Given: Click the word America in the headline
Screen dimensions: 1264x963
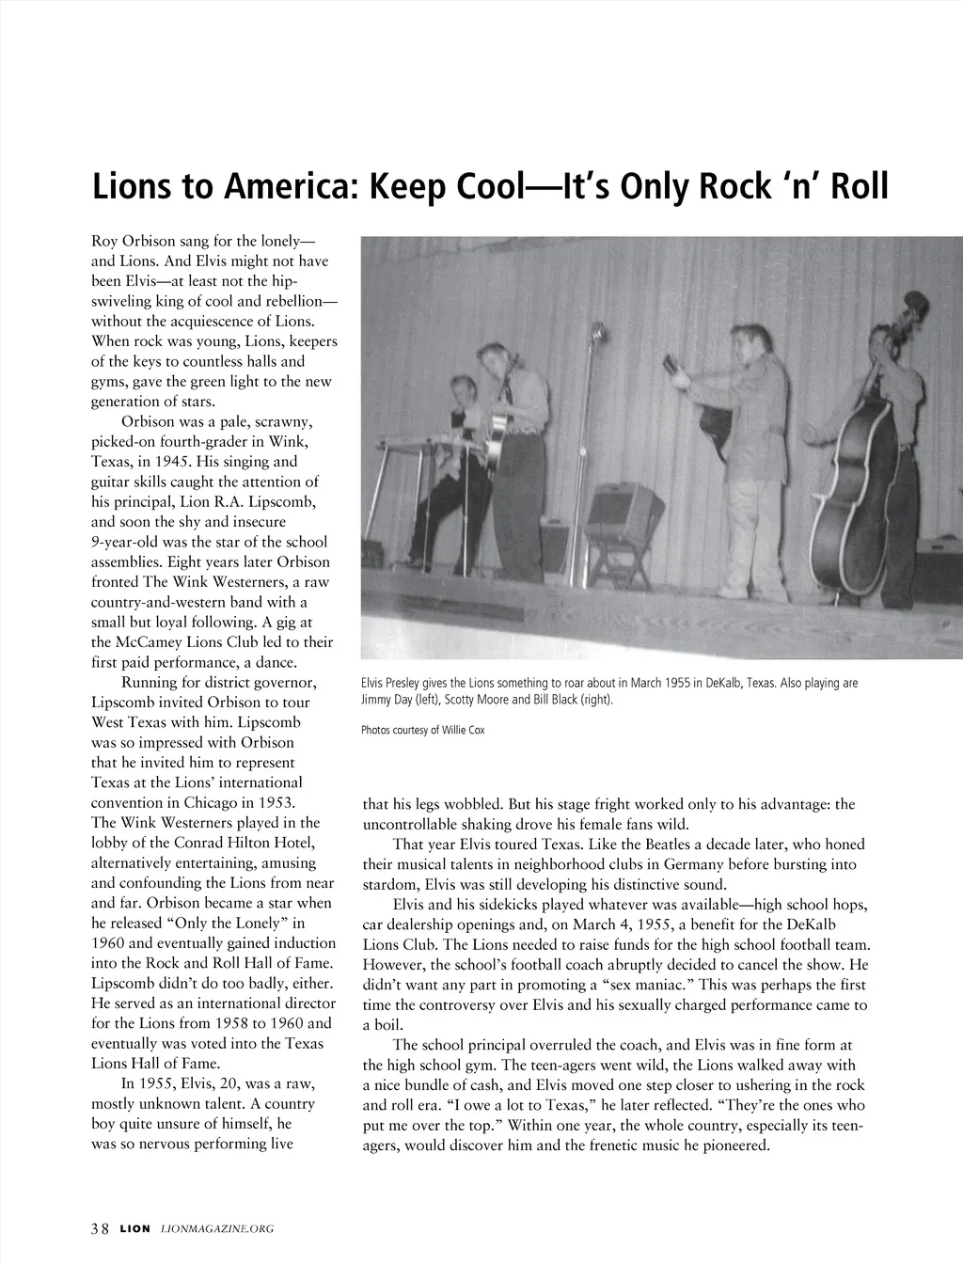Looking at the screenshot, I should (x=287, y=186).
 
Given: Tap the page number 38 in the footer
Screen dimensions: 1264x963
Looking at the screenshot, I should (x=100, y=1228).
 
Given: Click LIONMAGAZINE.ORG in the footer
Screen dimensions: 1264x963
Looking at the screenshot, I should (x=217, y=1228).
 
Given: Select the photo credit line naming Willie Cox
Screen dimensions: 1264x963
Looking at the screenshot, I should (x=423, y=730).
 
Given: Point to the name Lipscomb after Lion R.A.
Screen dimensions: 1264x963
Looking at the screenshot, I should (x=292, y=501).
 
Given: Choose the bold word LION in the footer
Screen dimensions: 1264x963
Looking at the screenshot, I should (x=134, y=1228).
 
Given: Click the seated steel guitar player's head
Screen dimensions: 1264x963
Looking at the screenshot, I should (x=465, y=387).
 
